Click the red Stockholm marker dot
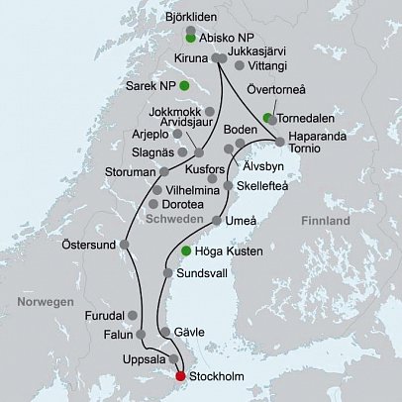(x=180, y=375)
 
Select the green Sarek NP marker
(x=183, y=86)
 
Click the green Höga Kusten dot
(x=185, y=251)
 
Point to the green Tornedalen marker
(x=268, y=118)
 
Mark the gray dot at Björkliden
(x=190, y=30)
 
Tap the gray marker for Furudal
(x=133, y=314)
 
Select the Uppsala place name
(x=145, y=358)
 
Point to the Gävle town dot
(x=164, y=332)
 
